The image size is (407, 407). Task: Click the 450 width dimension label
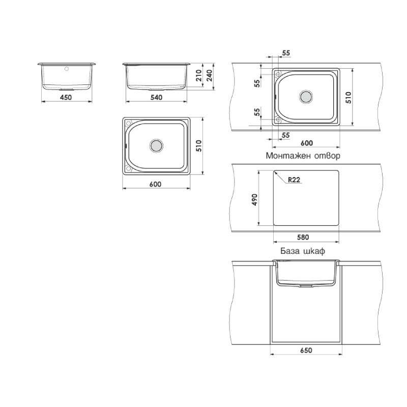[x=66, y=97]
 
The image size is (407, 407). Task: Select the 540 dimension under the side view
[x=157, y=97]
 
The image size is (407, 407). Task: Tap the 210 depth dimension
[x=199, y=75]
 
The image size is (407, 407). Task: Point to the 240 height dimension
[x=210, y=75]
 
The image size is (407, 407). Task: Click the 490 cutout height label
[x=255, y=199]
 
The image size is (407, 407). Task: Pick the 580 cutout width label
[x=303, y=237]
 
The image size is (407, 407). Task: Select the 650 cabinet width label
[x=306, y=351]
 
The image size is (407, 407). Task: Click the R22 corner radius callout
[x=294, y=180]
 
